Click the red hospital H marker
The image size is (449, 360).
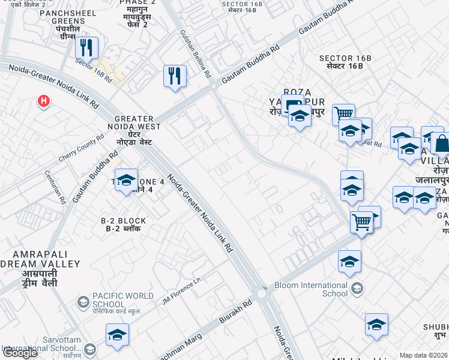(43, 101)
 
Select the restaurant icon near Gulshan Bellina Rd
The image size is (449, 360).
(175, 76)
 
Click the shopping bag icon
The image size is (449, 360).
(441, 144)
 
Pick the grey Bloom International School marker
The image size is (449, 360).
(357, 289)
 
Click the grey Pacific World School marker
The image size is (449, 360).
(82, 301)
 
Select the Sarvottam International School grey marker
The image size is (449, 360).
(90, 349)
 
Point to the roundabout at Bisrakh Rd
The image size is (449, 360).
(262, 294)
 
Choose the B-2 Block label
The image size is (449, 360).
(124, 224)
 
